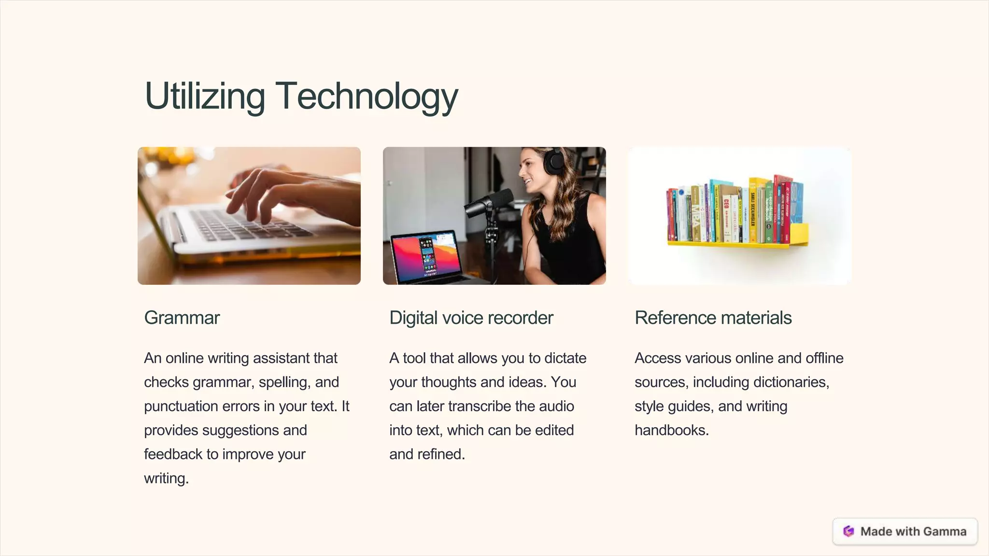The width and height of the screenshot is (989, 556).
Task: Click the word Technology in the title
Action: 367,97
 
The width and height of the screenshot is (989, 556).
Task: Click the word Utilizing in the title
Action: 205,97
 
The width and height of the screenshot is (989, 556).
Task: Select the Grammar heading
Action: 182,318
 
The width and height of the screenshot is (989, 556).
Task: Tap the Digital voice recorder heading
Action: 471,318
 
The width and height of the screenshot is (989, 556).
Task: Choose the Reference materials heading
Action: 713,318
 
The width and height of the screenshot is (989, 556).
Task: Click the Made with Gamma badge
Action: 905,531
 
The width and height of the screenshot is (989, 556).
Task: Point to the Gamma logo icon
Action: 848,531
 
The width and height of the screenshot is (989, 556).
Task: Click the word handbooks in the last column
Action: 671,431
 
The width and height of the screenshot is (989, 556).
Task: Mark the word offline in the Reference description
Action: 824,358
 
